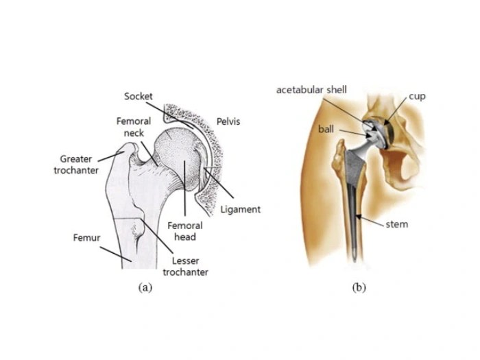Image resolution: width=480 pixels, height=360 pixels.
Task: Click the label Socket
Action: [139, 97]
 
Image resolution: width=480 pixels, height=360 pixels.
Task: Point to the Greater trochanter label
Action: [76, 165]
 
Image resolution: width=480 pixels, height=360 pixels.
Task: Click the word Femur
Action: [87, 238]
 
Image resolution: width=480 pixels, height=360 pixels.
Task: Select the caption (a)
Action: [145, 287]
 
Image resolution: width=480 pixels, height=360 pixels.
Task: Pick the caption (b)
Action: [359, 287]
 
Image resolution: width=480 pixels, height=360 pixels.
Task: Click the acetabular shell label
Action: [312, 90]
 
